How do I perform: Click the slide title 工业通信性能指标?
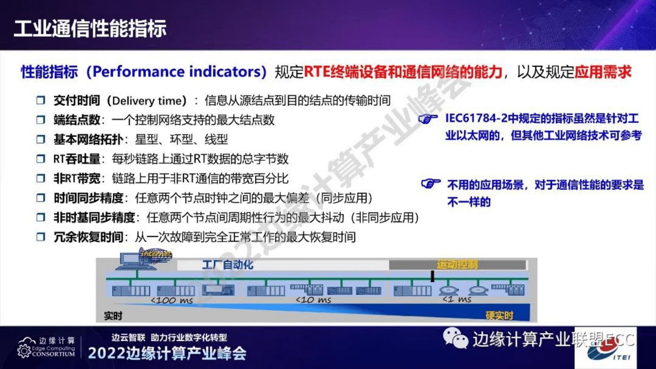click(x=90, y=29)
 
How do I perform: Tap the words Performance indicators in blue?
click(x=179, y=72)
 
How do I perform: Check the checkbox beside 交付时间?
click(x=41, y=100)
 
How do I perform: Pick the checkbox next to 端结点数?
click(x=41, y=120)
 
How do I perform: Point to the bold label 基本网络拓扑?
click(x=88, y=139)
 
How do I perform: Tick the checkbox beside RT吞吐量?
click(x=41, y=159)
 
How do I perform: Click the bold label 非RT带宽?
click(x=77, y=179)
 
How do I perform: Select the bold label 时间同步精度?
click(x=88, y=198)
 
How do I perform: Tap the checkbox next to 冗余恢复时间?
click(x=41, y=237)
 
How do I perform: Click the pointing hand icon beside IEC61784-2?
click(x=428, y=119)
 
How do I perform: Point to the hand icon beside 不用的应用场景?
click(x=430, y=183)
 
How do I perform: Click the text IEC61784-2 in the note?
click(x=476, y=118)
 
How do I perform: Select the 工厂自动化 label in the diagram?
click(x=227, y=265)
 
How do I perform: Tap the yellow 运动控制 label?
click(x=457, y=264)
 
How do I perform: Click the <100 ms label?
click(x=172, y=300)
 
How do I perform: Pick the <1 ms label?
click(x=457, y=300)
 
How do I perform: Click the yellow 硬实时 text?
click(x=499, y=316)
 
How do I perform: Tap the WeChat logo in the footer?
click(x=455, y=338)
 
